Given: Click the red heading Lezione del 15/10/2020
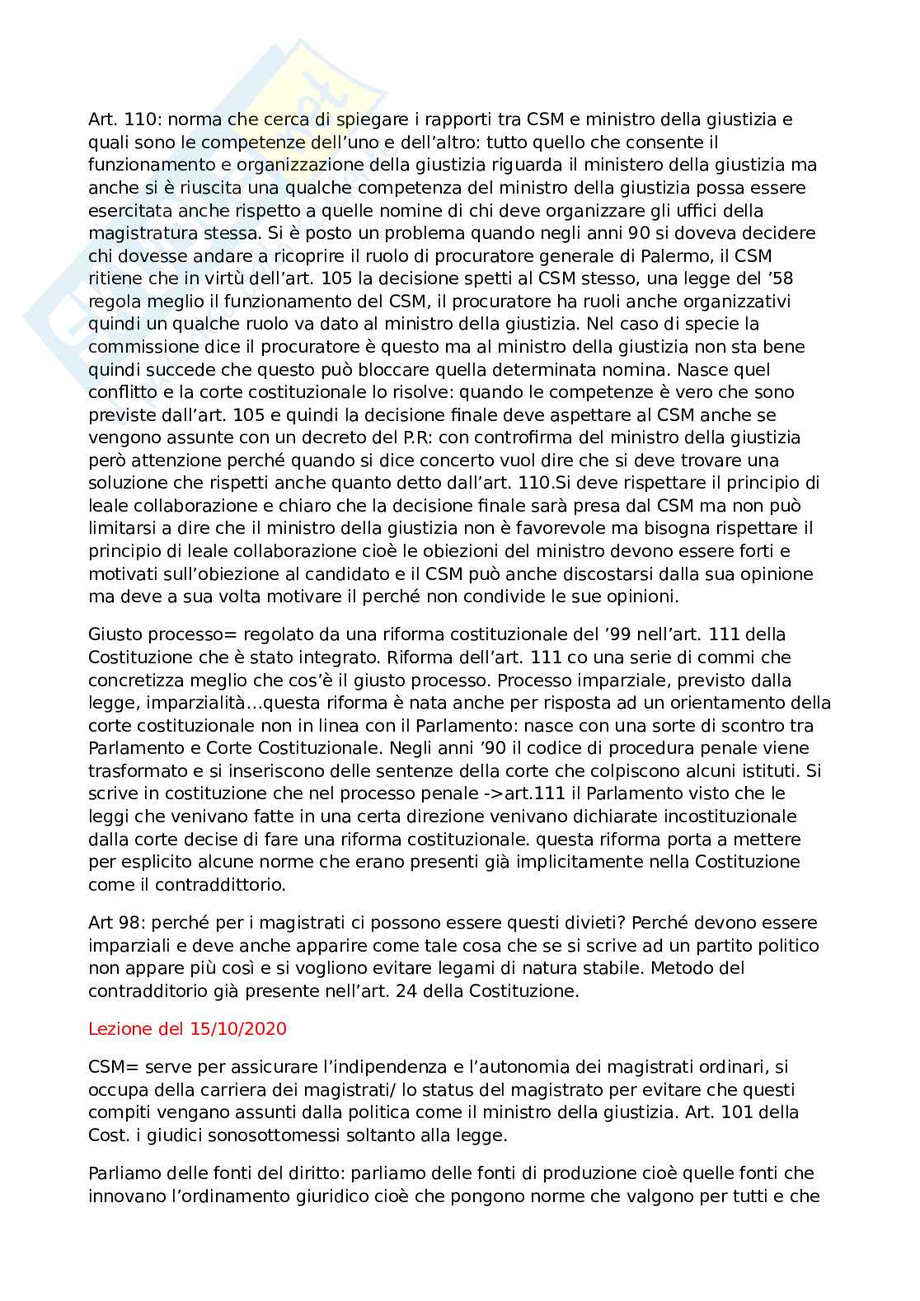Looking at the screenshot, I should pyautogui.click(x=187, y=1029).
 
